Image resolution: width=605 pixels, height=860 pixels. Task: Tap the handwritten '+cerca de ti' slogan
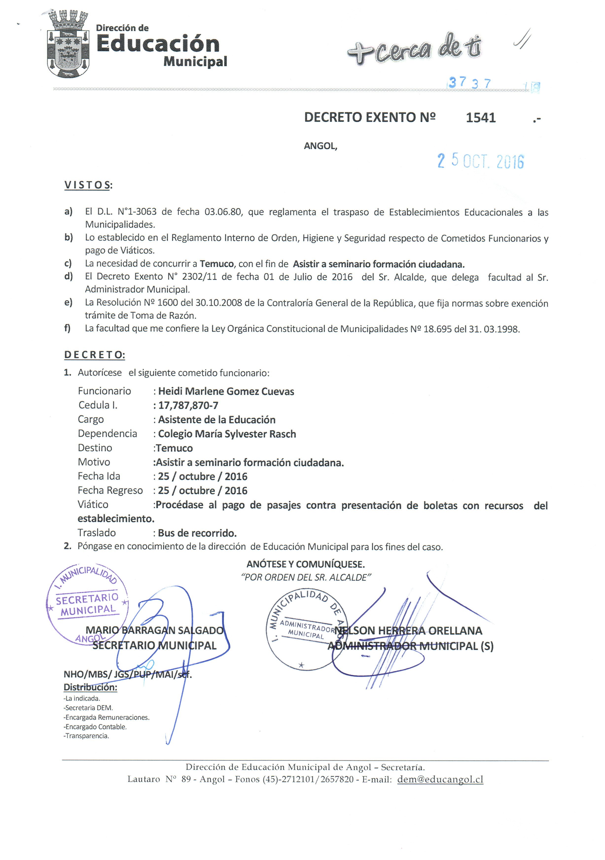(x=414, y=50)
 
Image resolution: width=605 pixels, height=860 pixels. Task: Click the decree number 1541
(x=481, y=118)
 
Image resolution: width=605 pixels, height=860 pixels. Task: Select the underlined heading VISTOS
(x=88, y=185)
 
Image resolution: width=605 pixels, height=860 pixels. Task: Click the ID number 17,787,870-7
(x=188, y=405)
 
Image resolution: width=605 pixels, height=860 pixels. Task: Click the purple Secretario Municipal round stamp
(x=87, y=604)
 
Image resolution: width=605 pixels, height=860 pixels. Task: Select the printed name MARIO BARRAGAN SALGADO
(x=154, y=630)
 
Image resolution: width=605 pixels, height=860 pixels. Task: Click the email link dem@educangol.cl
(x=440, y=779)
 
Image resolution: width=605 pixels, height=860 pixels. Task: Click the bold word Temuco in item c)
(x=217, y=264)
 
